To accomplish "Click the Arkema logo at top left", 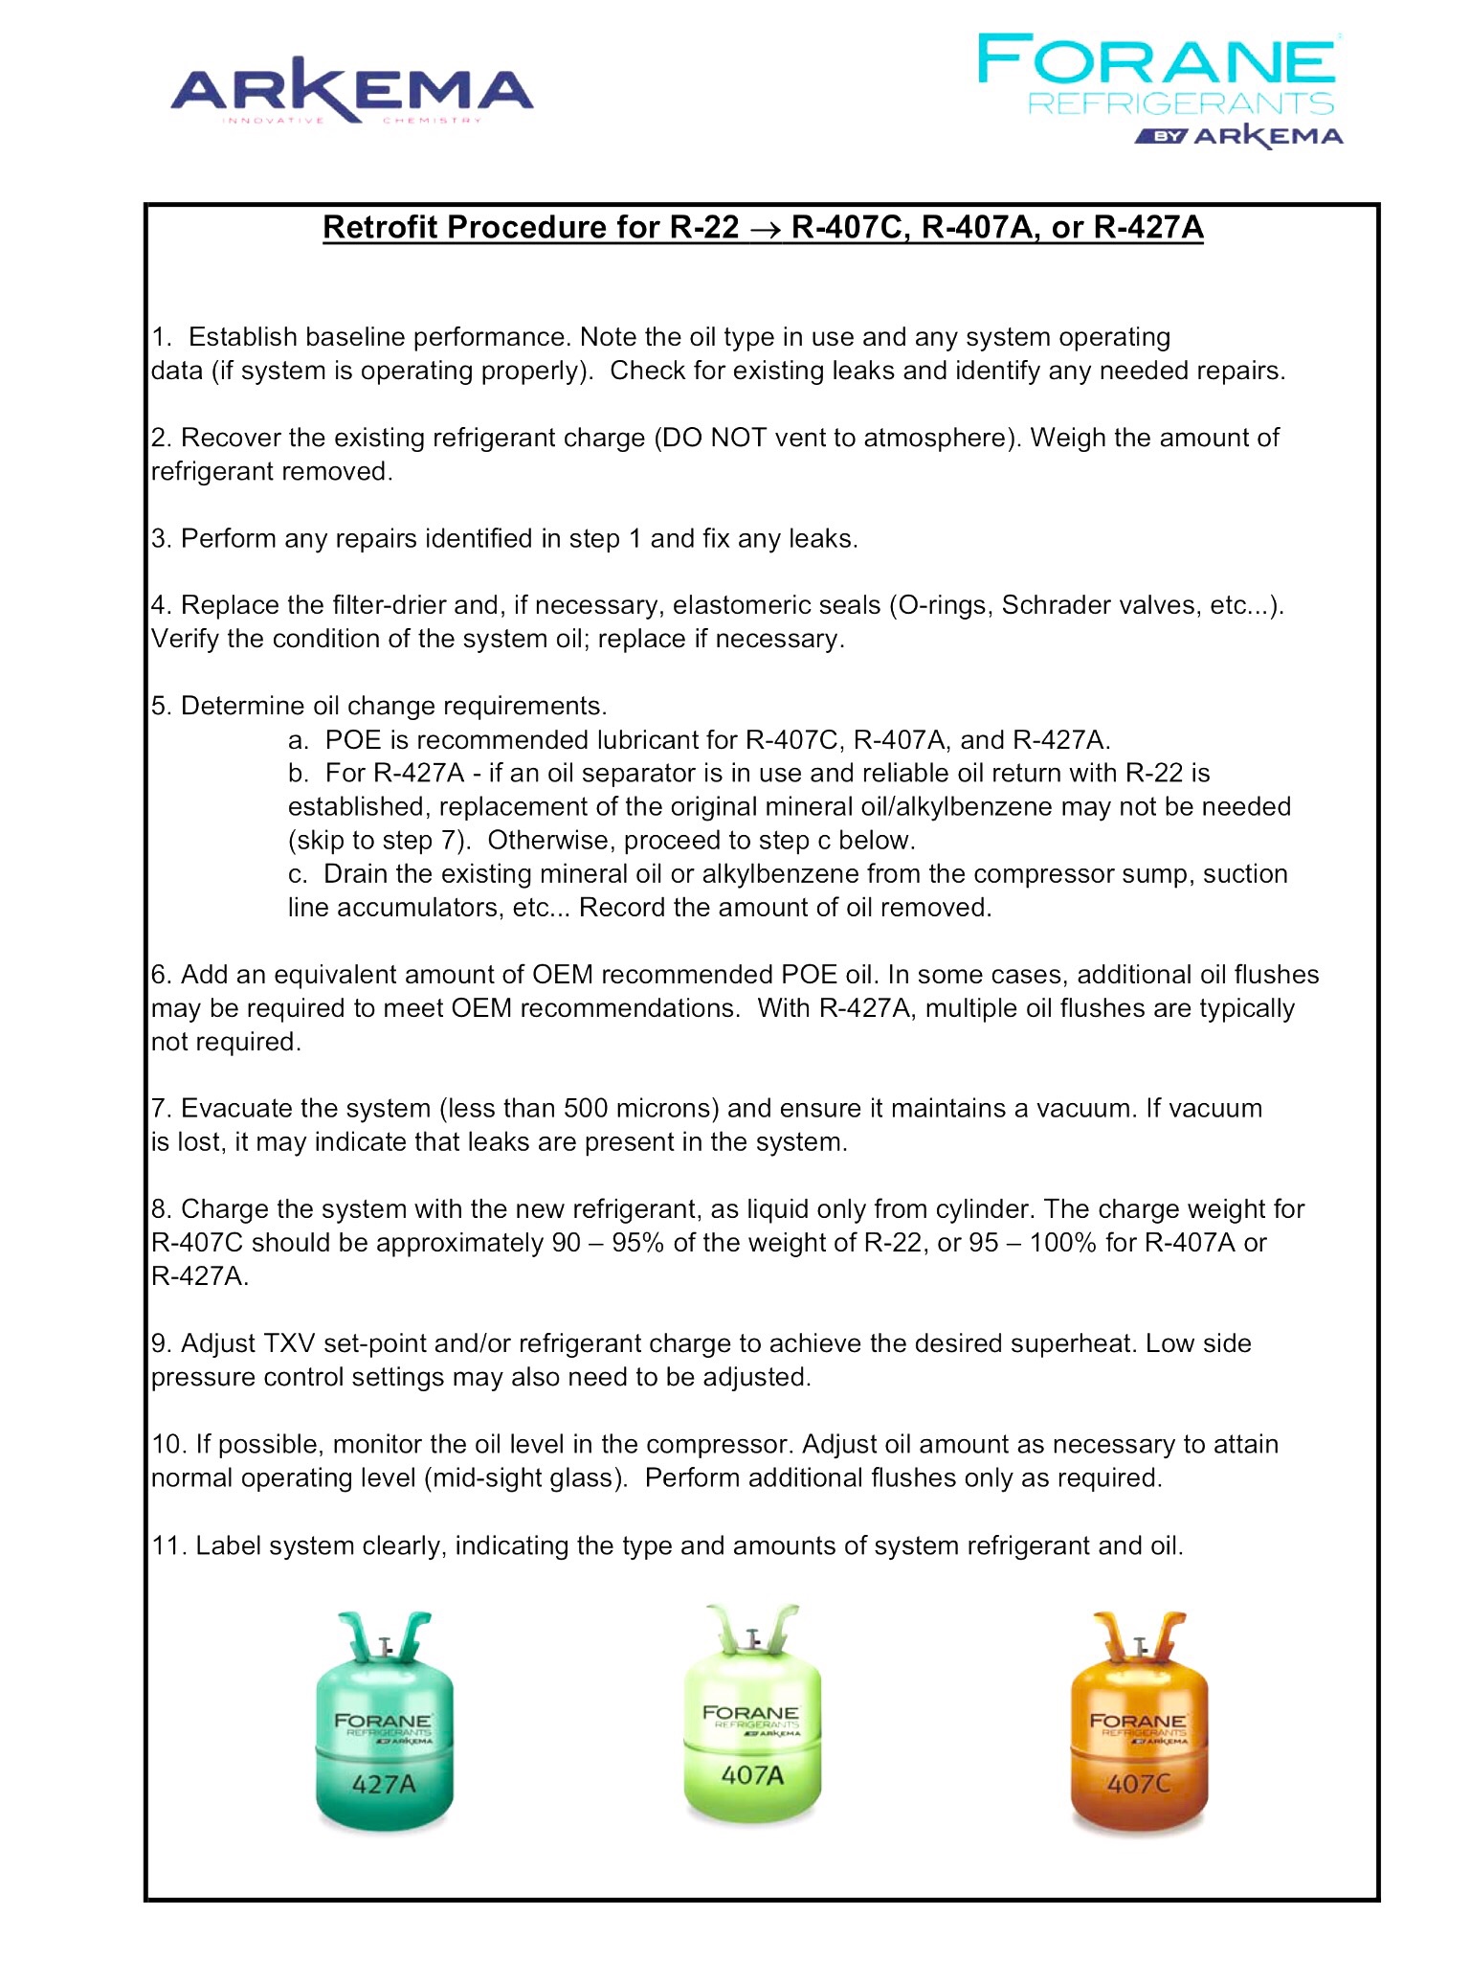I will [x=351, y=91].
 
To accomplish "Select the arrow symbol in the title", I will [x=765, y=229].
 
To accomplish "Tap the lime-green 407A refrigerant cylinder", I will [x=752, y=1719].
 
